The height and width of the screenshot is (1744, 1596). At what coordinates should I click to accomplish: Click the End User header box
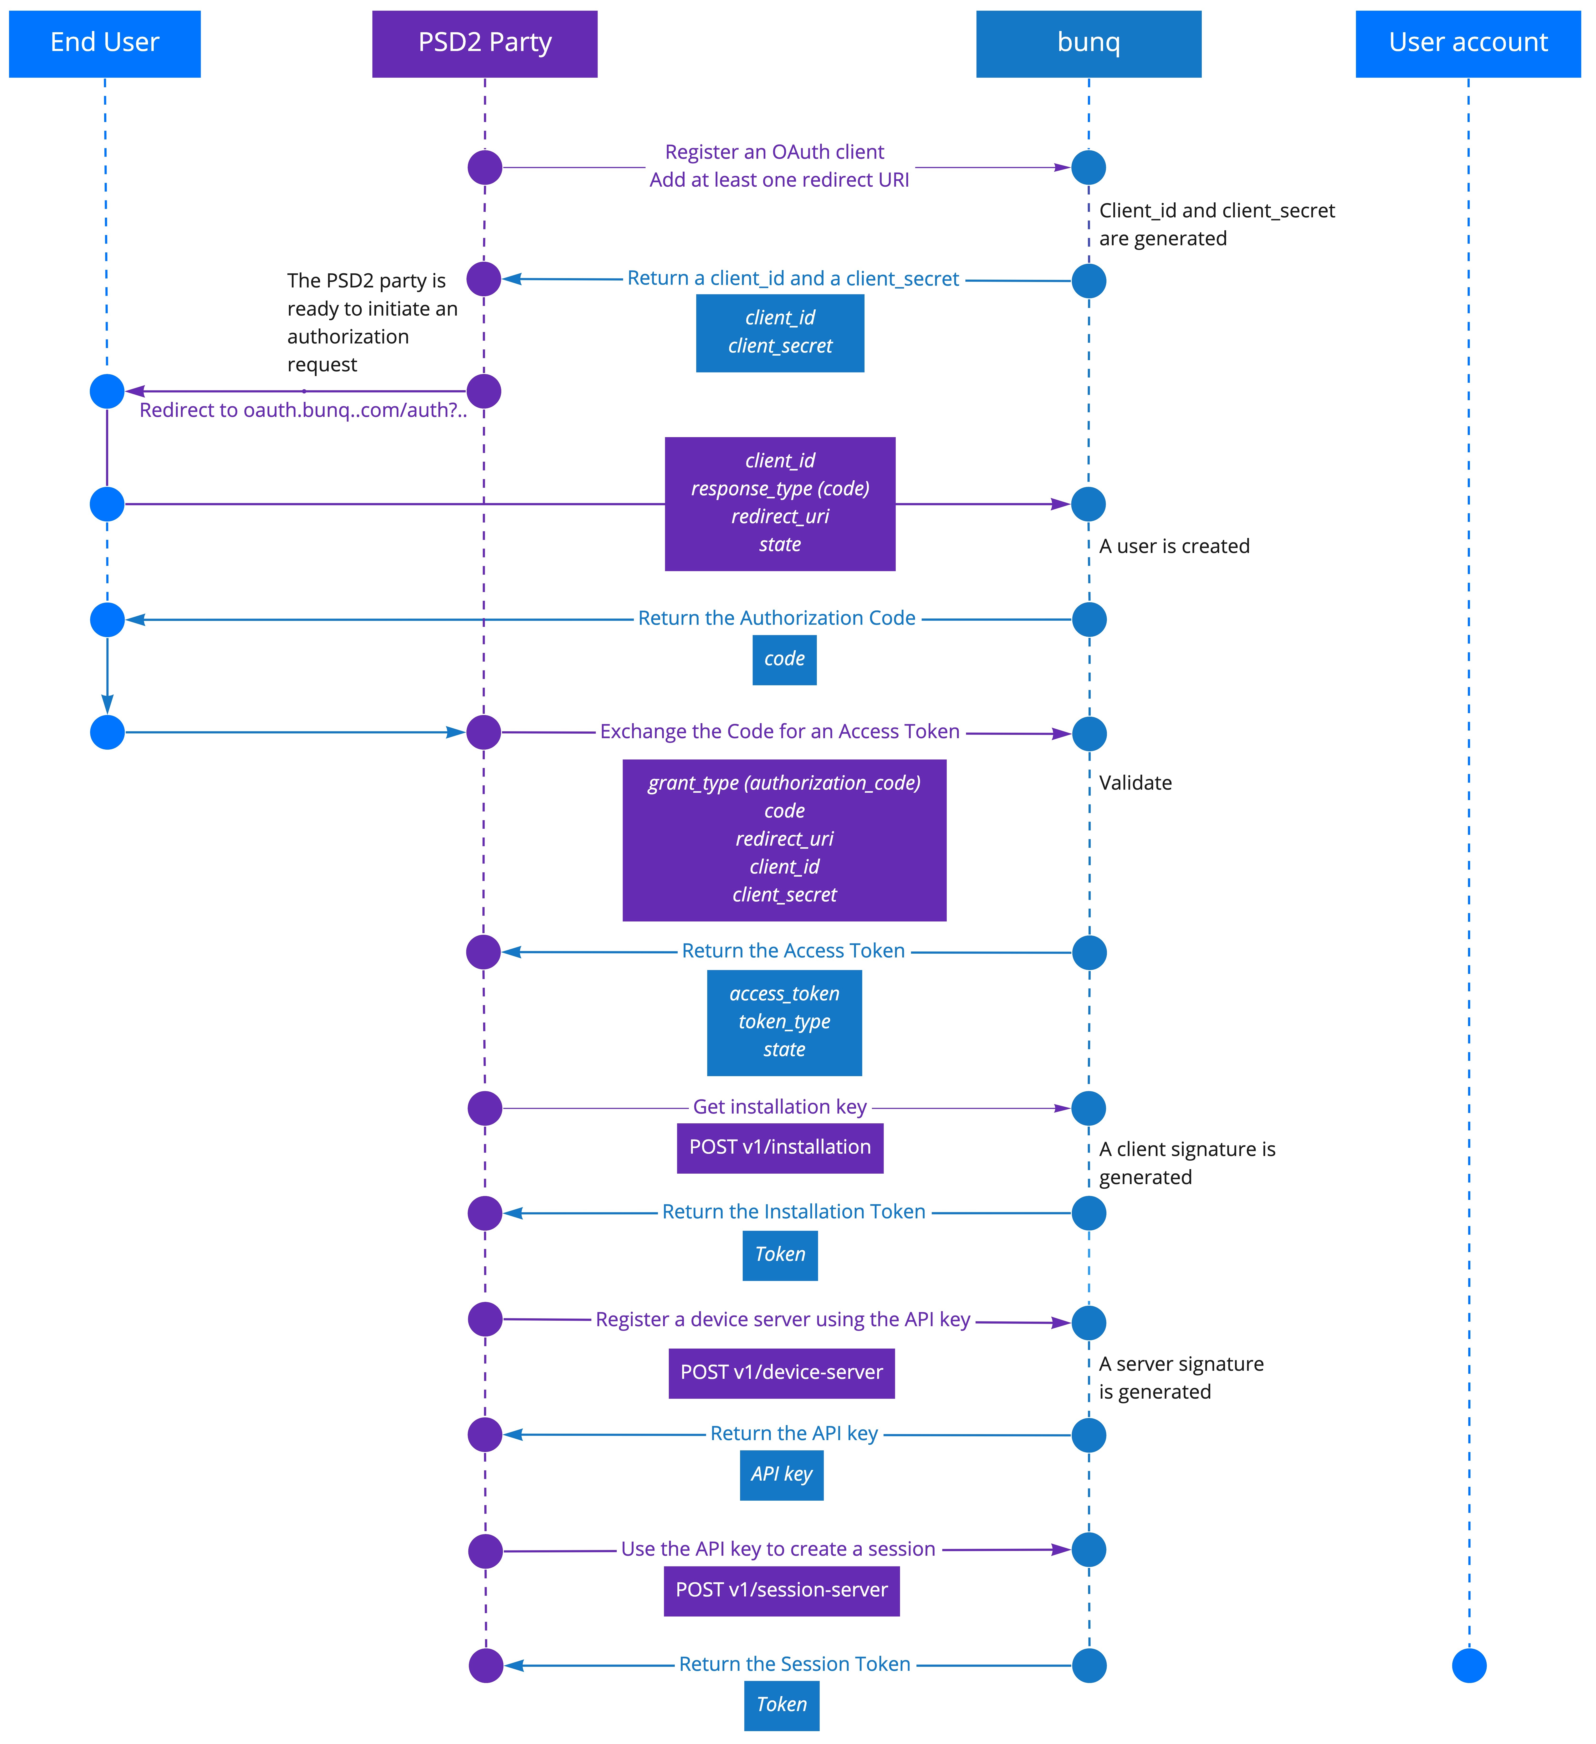[x=105, y=44]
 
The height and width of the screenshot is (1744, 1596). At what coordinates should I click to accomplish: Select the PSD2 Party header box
[x=484, y=44]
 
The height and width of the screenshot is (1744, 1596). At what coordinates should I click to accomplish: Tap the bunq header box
[x=1088, y=44]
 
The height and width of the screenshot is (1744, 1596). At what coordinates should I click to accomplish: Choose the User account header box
[x=1468, y=44]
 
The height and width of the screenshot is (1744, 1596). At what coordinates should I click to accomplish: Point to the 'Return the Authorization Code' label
[x=777, y=619]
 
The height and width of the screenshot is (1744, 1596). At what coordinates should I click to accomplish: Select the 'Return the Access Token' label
[x=793, y=951]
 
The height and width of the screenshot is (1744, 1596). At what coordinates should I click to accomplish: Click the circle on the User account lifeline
[x=1469, y=1665]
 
